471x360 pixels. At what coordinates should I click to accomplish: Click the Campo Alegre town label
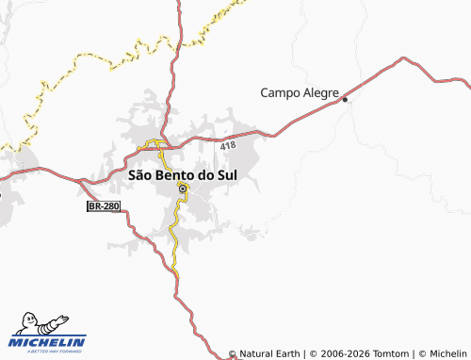299,92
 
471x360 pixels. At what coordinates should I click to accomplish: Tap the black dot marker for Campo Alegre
346,99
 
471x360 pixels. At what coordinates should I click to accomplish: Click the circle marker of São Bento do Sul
182,188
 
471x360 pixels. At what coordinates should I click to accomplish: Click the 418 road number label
228,146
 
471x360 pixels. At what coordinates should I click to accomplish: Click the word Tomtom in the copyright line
390,353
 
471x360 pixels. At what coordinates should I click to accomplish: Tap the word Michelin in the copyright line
447,353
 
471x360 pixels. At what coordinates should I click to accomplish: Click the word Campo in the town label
279,92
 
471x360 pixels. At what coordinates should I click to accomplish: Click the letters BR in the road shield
95,205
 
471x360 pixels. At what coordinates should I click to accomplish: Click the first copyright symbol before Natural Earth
233,353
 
